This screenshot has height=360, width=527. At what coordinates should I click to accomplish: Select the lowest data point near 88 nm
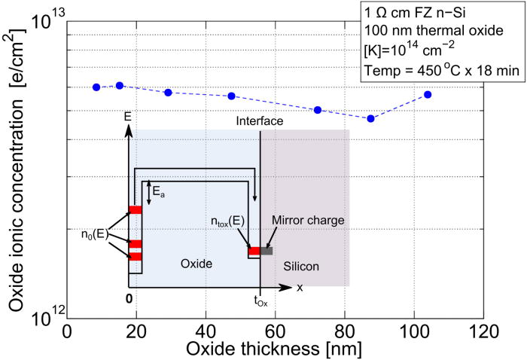click(x=371, y=118)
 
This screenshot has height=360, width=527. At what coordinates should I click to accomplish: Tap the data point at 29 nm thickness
click(x=168, y=92)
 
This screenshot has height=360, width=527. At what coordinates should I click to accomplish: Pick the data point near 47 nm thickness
click(x=232, y=96)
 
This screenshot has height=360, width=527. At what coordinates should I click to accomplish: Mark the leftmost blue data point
click(x=96, y=87)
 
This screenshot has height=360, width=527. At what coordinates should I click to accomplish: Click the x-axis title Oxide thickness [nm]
click(x=276, y=349)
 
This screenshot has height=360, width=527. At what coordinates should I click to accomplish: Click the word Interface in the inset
click(x=259, y=121)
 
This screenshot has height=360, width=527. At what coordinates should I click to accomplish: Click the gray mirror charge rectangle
click(x=267, y=251)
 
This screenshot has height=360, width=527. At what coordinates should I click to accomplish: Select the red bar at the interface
click(x=254, y=251)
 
